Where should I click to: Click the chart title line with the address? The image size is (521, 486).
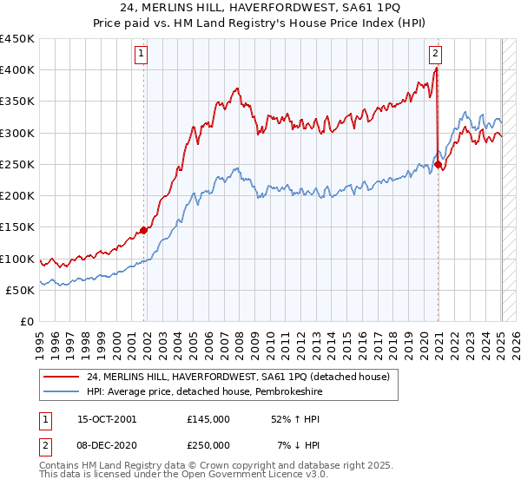click(x=260, y=9)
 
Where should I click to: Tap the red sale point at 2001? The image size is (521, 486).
click(x=144, y=230)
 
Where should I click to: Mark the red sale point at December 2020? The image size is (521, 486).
click(x=439, y=164)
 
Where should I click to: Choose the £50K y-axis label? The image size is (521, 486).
click(x=21, y=290)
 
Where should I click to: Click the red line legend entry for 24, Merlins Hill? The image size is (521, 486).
click(x=242, y=376)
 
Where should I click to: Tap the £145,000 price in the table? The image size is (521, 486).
click(x=208, y=419)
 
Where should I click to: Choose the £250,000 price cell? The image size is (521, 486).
click(x=208, y=444)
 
